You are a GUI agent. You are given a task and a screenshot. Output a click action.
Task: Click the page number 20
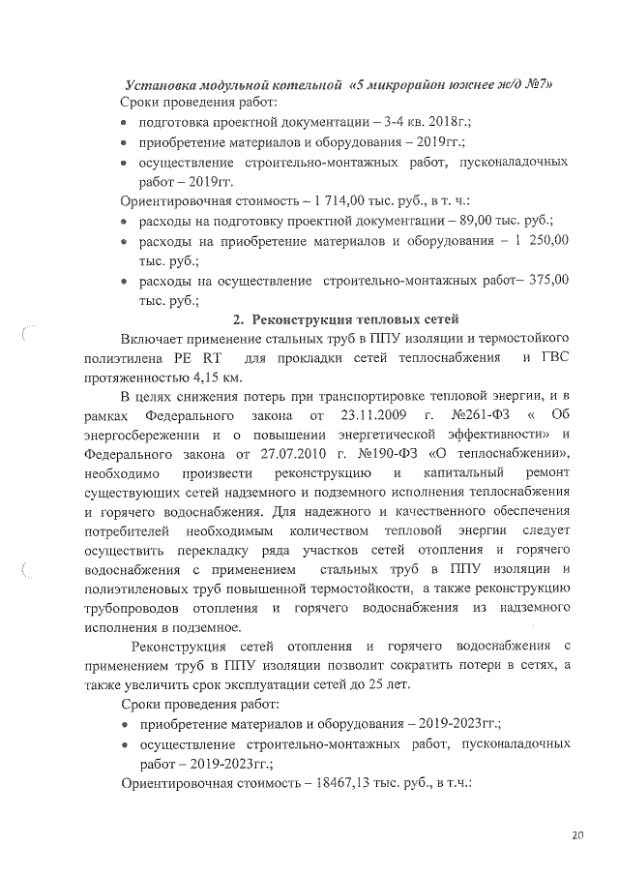tap(576, 834)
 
